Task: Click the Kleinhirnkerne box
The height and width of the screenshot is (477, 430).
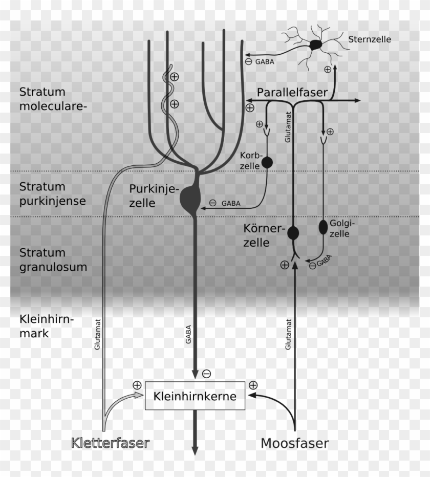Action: pos(195,396)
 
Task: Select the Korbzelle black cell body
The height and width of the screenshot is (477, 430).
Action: pos(267,163)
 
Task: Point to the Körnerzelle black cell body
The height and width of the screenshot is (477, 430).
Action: pos(293,233)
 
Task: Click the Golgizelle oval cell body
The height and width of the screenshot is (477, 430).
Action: pos(324,227)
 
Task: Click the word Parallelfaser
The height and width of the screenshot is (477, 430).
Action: pos(292,92)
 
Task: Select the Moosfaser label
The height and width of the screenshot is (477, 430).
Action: pos(295,443)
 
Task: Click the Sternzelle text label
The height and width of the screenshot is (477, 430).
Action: pos(370,39)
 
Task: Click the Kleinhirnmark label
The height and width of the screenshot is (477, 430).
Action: pos(47,326)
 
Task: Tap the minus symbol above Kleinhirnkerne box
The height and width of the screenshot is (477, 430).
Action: pos(207,374)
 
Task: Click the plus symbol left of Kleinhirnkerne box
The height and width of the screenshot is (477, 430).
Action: pos(137,384)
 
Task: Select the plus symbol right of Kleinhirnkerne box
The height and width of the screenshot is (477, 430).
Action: pos(253,384)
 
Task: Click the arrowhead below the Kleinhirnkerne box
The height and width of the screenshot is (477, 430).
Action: pos(195,450)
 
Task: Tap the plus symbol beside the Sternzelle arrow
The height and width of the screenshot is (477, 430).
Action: pos(328,69)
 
